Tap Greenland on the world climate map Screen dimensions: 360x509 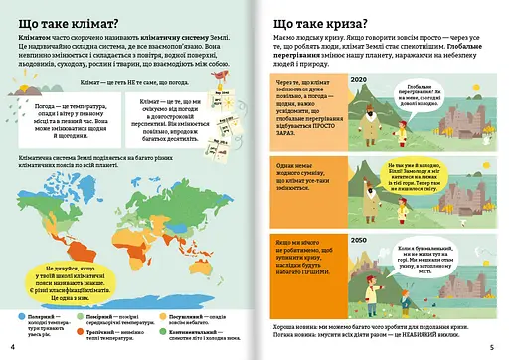pyautogui.click(x=110, y=181)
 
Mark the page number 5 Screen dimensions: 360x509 pyautogui.click(x=497, y=346)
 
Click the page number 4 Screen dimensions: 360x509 pyautogui.click(x=12, y=346)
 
